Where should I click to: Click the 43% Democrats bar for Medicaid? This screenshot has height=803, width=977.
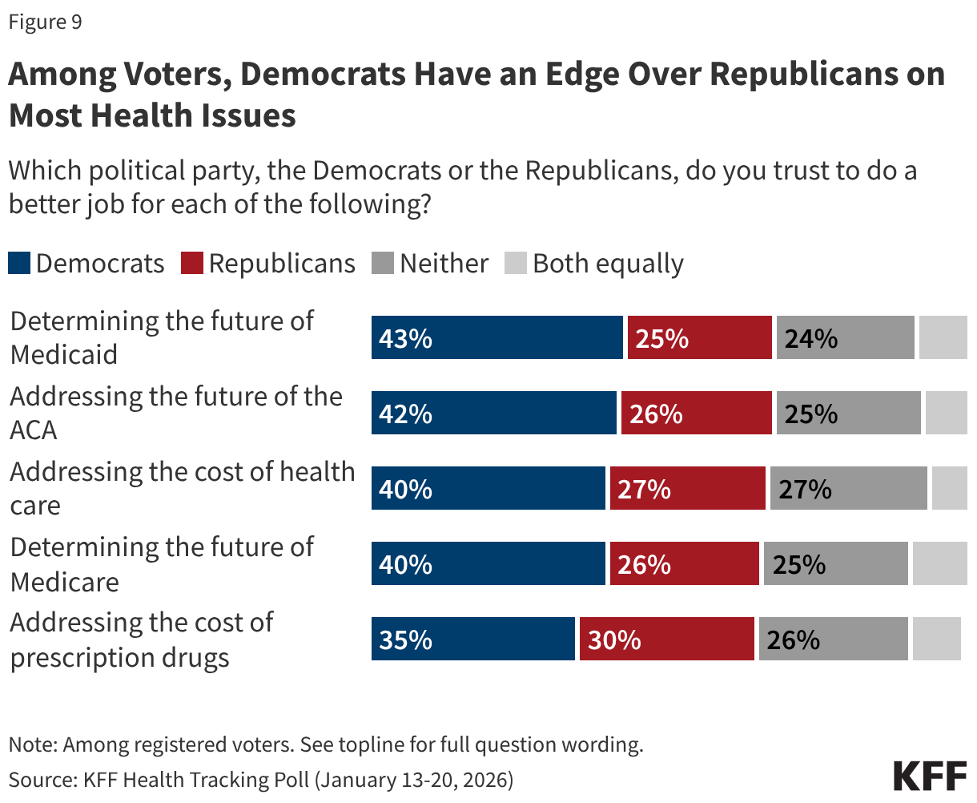497,337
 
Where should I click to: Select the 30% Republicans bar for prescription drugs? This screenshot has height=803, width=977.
666,639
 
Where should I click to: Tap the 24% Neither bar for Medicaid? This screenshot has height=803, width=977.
845,337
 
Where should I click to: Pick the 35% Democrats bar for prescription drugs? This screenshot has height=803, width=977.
472,639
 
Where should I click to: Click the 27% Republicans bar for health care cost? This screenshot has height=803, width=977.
687,488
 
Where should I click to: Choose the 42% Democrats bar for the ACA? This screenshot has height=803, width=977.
493,413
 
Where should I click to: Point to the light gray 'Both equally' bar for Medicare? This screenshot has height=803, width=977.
939,563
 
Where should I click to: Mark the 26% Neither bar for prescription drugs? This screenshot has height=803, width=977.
833,639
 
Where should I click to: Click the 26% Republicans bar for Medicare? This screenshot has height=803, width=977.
684,563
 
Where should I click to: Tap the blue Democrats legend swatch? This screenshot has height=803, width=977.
19,264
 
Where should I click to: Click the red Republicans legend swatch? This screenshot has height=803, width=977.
192,264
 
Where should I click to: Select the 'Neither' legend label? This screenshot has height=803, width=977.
444,264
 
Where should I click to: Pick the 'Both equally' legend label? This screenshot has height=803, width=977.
608,264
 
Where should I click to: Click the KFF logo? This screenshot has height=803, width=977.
930,777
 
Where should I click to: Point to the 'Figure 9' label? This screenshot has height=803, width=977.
45,22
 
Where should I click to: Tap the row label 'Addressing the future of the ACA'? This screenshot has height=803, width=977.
176,413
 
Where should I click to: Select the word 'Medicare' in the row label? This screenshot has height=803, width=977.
65,582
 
